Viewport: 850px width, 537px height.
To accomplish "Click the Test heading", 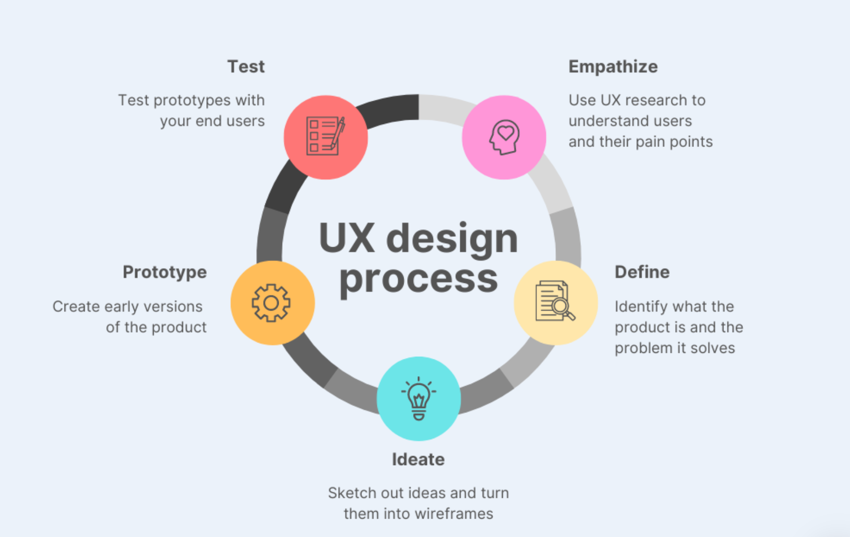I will [246, 67].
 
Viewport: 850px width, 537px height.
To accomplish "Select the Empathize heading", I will [613, 67].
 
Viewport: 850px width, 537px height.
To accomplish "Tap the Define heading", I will [642, 272].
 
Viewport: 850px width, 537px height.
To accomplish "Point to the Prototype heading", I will [165, 272].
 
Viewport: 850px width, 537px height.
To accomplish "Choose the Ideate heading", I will [418, 460].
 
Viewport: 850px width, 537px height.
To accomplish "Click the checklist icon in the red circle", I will [325, 136].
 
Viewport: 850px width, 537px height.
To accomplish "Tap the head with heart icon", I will [504, 137].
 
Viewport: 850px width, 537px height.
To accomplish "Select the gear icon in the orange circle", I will [271, 303].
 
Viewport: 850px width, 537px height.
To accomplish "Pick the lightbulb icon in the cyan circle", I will [419, 399].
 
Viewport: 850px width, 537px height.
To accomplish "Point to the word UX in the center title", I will [347, 239].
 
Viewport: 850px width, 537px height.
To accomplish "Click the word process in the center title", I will [419, 279].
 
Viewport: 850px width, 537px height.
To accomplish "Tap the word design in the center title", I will [452, 239].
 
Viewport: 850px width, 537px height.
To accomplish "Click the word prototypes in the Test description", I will [192, 101].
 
